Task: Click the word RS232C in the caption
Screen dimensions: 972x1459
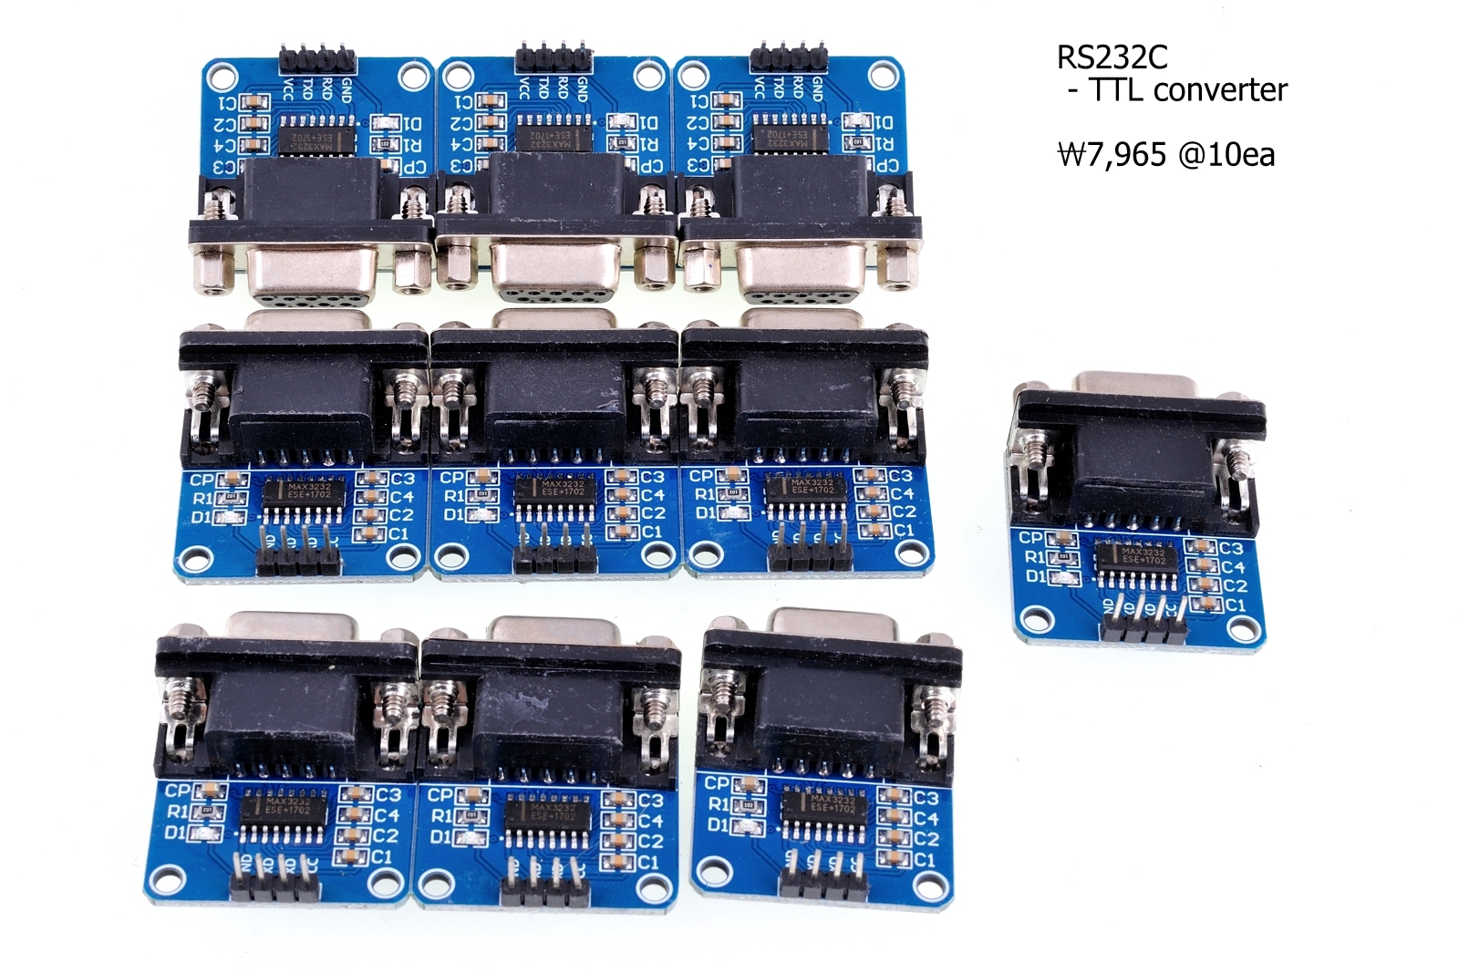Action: (1111, 57)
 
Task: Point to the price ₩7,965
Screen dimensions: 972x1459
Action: (1111, 154)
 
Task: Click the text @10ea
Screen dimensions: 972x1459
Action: (1226, 154)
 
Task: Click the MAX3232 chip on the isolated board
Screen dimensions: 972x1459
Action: (1143, 556)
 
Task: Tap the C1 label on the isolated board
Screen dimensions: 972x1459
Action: (1235, 605)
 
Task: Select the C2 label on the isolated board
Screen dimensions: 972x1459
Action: (1234, 585)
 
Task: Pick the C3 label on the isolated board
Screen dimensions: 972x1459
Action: (1231, 548)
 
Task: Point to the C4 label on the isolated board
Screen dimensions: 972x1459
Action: (1233, 566)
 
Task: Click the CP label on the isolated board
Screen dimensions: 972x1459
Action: (1030, 537)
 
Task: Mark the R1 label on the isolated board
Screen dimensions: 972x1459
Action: (1034, 556)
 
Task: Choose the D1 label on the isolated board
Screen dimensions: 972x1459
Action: (1035, 576)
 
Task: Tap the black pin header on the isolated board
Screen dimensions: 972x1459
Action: (1143, 626)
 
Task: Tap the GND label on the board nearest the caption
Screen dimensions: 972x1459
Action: (817, 88)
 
